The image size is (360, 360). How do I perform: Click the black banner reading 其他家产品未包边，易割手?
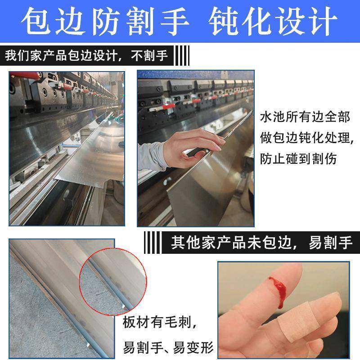[x=261, y=243]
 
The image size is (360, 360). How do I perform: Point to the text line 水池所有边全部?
[x=305, y=117]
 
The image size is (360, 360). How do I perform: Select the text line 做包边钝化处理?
[x=306, y=138]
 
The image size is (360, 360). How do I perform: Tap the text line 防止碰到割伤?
[x=298, y=158]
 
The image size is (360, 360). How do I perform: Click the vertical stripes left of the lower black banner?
[x=153, y=243]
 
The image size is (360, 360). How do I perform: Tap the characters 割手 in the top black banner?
[x=155, y=56]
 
